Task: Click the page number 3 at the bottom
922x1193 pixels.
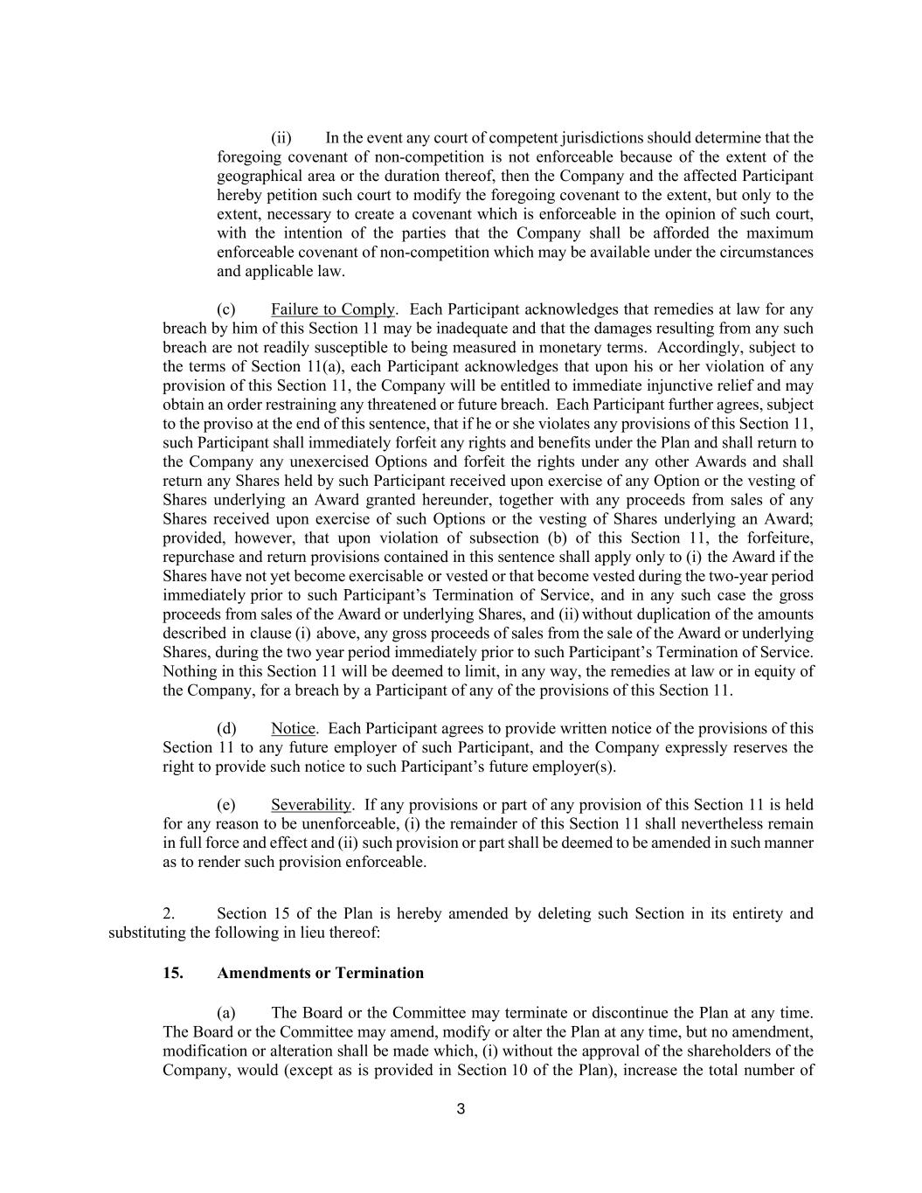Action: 461,1110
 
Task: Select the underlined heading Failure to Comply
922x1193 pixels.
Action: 333,309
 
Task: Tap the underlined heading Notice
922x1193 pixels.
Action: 293,729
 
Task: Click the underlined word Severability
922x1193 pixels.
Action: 311,805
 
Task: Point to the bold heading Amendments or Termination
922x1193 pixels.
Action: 320,974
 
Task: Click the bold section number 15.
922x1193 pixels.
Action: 173,974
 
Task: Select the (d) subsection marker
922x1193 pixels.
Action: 226,729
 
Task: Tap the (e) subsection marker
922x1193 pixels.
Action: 226,805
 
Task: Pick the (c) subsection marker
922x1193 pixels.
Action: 226,309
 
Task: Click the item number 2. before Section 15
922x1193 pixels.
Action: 169,914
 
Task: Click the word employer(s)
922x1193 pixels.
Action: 577,767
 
